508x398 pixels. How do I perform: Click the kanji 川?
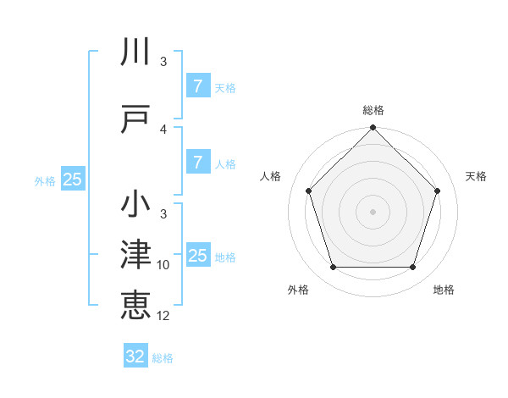[136, 53]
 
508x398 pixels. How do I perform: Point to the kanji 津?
[136, 255]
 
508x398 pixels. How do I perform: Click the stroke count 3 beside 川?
[163, 61]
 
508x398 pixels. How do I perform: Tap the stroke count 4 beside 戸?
[163, 129]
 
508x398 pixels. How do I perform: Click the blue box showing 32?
[135, 357]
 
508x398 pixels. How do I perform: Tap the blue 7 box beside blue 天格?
[197, 86]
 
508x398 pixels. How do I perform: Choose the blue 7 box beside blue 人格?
[197, 163]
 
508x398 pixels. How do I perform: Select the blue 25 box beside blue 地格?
[197, 256]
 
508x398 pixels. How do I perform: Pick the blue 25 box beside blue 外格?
[72, 180]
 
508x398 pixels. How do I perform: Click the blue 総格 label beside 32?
[163, 358]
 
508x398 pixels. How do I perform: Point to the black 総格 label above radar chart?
[373, 110]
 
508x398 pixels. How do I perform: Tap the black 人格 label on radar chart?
[271, 176]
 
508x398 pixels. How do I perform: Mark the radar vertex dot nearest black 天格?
[438, 191]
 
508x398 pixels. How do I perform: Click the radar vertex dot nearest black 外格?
[333, 268]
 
